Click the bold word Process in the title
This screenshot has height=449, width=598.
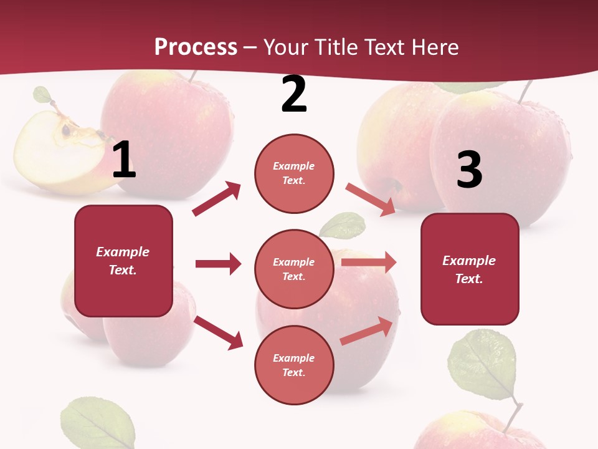[196, 47]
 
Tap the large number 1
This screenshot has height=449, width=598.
[123, 160]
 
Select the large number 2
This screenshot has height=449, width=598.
[294, 94]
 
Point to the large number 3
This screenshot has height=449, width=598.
[469, 170]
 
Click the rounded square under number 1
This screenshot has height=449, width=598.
[123, 261]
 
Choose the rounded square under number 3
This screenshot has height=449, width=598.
[470, 269]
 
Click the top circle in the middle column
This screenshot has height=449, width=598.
[294, 173]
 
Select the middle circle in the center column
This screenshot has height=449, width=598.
[294, 269]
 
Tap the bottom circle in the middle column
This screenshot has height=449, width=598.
[294, 365]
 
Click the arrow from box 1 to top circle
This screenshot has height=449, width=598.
[217, 199]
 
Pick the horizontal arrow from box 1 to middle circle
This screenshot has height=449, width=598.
[218, 264]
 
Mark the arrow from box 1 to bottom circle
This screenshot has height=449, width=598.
[219, 332]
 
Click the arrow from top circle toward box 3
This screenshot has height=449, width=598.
[371, 200]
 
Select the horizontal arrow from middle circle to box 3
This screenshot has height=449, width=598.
[369, 263]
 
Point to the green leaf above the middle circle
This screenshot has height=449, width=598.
[342, 225]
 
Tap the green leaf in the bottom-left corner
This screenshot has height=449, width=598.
[98, 424]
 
